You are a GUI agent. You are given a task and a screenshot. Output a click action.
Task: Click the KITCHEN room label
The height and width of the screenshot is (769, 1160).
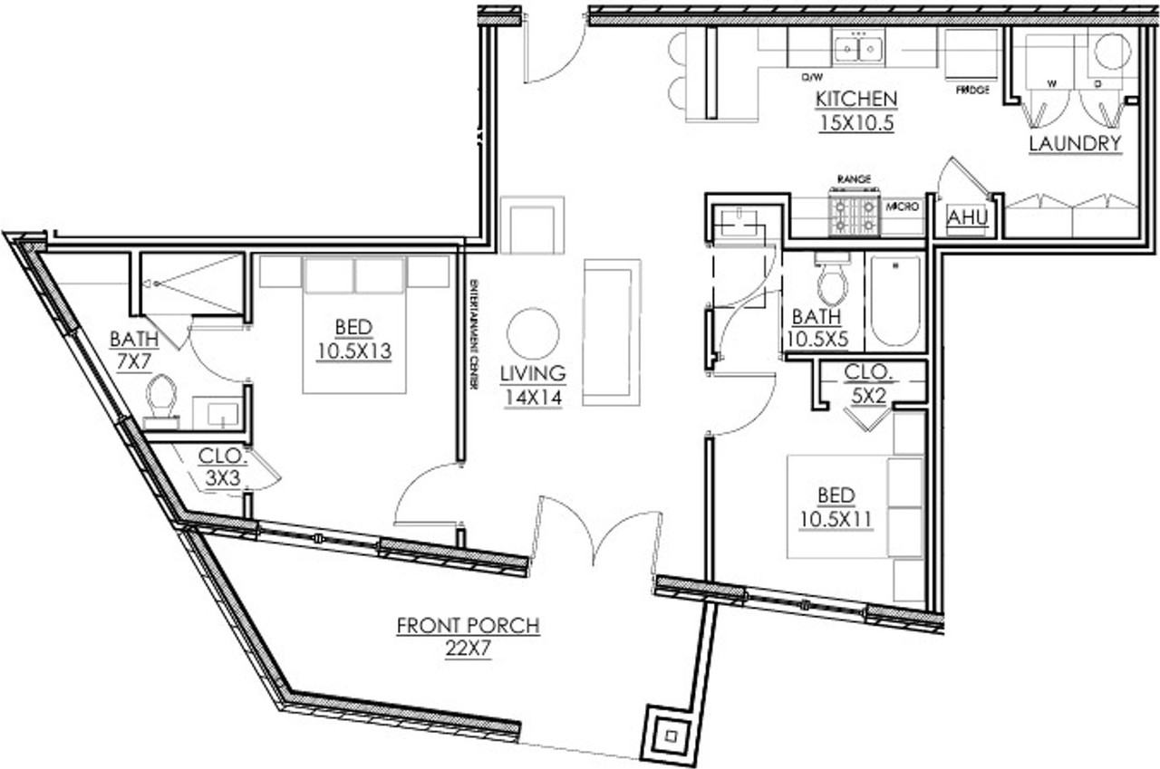(x=856, y=98)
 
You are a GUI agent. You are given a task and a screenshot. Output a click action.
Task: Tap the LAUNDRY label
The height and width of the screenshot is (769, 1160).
(x=1075, y=143)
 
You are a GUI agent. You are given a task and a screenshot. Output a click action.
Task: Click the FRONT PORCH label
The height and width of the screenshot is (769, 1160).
(x=468, y=625)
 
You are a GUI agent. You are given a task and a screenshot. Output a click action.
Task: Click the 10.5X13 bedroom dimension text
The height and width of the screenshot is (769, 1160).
(x=353, y=351)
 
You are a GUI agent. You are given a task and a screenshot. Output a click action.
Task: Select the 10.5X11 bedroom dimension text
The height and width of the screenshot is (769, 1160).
(x=836, y=520)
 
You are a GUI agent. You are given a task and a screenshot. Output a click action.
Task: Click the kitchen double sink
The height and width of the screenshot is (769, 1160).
(x=858, y=48)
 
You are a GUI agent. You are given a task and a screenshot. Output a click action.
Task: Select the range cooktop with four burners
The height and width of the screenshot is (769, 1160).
(x=855, y=214)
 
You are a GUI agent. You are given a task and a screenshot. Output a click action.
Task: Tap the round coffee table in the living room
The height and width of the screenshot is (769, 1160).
(x=533, y=334)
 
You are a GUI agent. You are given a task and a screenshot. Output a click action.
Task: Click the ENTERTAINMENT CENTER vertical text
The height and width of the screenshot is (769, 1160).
(x=474, y=335)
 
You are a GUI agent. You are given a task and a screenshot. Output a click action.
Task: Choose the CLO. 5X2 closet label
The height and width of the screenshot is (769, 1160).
(x=869, y=382)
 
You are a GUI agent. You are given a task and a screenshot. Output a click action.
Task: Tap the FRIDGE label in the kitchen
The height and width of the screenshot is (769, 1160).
(x=971, y=91)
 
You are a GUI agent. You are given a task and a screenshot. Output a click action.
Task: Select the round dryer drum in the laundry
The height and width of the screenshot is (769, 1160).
(x=1110, y=51)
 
